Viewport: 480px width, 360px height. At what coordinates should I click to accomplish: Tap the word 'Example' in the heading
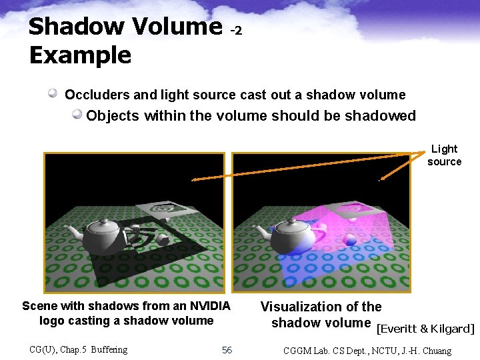pos(80,55)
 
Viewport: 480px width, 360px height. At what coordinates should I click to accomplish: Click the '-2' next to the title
pos(236,31)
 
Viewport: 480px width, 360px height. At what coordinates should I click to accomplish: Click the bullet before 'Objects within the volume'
pos(77,115)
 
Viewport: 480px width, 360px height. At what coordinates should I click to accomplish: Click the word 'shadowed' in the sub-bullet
pos(380,115)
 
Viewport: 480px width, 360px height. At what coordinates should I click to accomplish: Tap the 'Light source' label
pos(444,155)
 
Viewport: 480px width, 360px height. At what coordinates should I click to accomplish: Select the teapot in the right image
pos(289,233)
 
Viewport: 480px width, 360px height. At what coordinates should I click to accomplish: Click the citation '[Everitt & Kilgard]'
pos(425,329)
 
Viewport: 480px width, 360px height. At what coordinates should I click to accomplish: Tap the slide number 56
pos(227,350)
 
